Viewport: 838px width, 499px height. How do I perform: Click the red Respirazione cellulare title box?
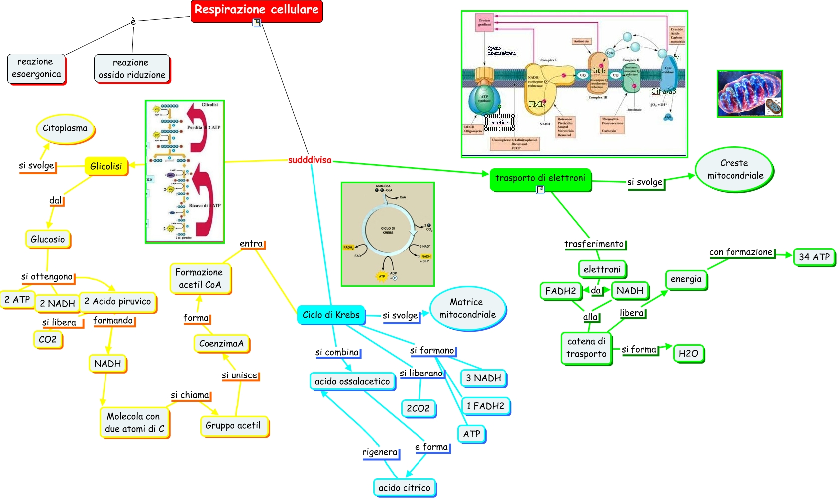(256, 10)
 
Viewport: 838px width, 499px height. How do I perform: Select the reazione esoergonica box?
(36, 68)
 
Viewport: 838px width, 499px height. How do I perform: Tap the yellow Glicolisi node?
(106, 166)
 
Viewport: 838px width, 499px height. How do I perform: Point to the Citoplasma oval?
(65, 128)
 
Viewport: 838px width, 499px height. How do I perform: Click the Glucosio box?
(48, 239)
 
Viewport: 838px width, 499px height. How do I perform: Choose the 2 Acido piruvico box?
(117, 302)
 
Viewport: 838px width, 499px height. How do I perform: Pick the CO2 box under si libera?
(48, 340)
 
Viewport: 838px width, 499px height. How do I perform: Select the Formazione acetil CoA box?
(200, 279)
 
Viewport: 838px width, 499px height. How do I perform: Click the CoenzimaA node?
(221, 344)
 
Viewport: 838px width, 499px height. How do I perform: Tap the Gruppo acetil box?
(233, 426)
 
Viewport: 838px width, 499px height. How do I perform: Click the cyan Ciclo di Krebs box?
(331, 315)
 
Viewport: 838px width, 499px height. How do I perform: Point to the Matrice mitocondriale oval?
(467, 309)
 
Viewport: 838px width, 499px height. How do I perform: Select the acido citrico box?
(404, 488)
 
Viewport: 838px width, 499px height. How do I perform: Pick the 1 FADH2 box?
(485, 406)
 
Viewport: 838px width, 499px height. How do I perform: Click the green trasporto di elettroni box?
(540, 179)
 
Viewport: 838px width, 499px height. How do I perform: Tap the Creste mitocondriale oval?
(734, 170)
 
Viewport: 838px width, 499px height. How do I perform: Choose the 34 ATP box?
(814, 257)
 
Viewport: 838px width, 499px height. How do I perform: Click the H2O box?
(688, 354)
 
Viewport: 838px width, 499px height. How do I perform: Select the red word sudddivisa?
(310, 160)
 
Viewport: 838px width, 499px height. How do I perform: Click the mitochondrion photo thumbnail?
(749, 94)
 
